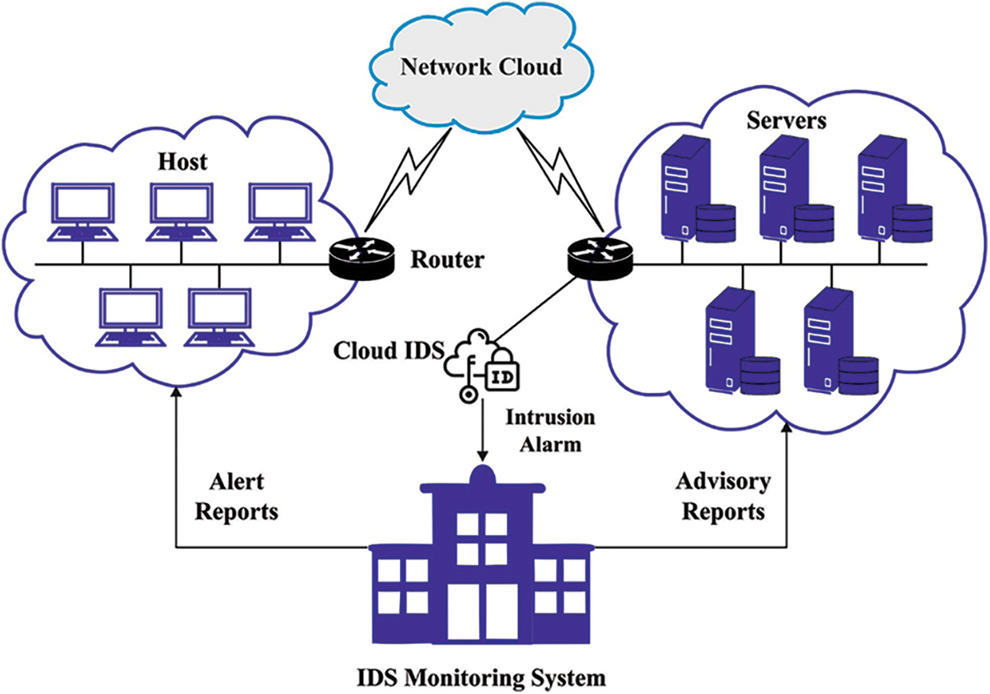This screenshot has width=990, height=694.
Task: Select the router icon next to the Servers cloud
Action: tap(600, 257)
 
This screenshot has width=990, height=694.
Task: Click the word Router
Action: tap(446, 259)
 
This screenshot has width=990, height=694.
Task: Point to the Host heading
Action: tap(183, 162)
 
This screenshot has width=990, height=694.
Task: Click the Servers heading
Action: tap(777, 121)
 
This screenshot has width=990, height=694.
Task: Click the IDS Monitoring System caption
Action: tap(482, 679)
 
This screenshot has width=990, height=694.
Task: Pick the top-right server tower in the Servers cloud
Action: tap(881, 184)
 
